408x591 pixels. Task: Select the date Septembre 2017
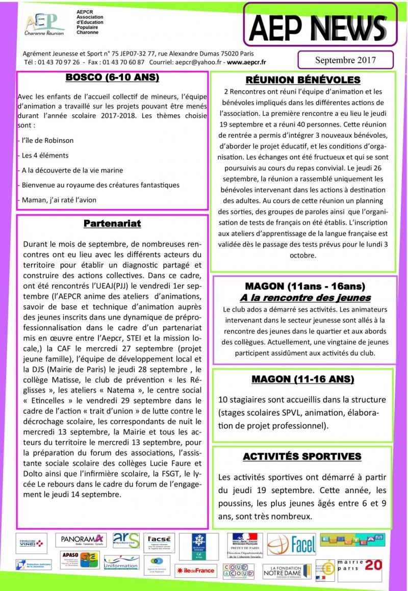(x=345, y=60)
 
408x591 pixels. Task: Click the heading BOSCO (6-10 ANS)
(x=112, y=78)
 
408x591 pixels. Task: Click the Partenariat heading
(x=112, y=223)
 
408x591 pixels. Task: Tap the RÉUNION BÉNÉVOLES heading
(x=303, y=80)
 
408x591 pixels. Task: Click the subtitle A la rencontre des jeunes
(x=305, y=298)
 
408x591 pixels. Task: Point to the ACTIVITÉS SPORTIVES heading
(x=302, y=456)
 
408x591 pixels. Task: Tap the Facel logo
(x=292, y=544)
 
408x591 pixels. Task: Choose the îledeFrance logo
(x=195, y=570)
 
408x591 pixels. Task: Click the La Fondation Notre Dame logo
(x=289, y=571)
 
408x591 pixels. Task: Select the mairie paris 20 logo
(x=365, y=567)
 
